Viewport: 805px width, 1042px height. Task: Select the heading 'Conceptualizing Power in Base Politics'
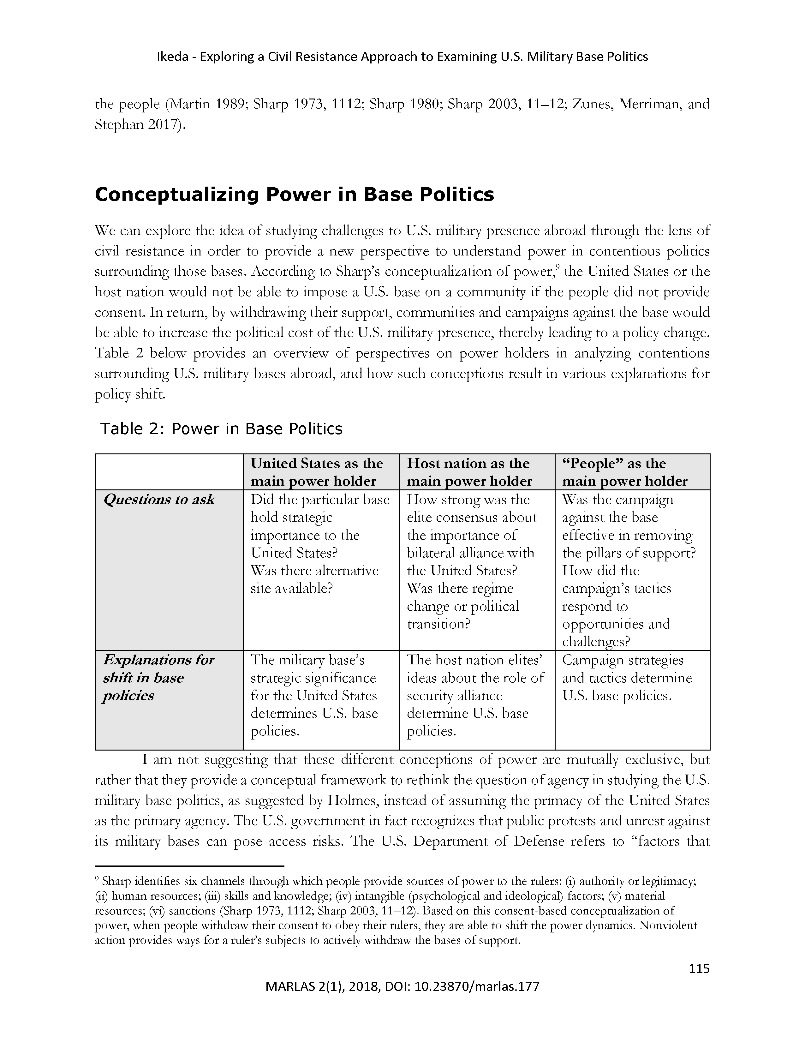(294, 195)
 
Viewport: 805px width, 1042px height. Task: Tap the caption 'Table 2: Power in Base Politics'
(221, 429)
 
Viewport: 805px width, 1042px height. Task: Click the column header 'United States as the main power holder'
(317, 472)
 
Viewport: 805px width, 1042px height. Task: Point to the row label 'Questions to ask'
(159, 500)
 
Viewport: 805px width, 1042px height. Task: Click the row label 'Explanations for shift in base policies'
(158, 678)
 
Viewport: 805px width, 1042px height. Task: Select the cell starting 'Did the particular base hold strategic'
(319, 544)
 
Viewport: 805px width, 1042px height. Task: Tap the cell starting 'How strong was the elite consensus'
(472, 561)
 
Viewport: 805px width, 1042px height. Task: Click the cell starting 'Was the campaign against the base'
(629, 570)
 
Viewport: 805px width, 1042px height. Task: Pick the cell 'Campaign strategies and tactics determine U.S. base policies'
(627, 678)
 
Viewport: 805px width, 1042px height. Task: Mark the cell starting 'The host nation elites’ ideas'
(475, 695)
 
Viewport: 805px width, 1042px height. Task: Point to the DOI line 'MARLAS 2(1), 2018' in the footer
(402, 986)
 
